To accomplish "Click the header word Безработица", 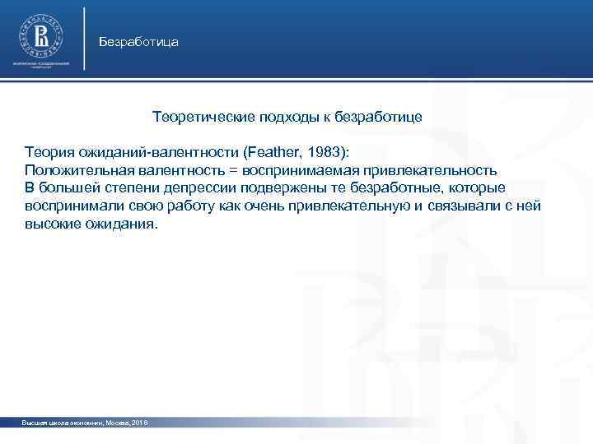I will (138, 41).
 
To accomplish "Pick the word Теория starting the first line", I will (47, 153).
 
